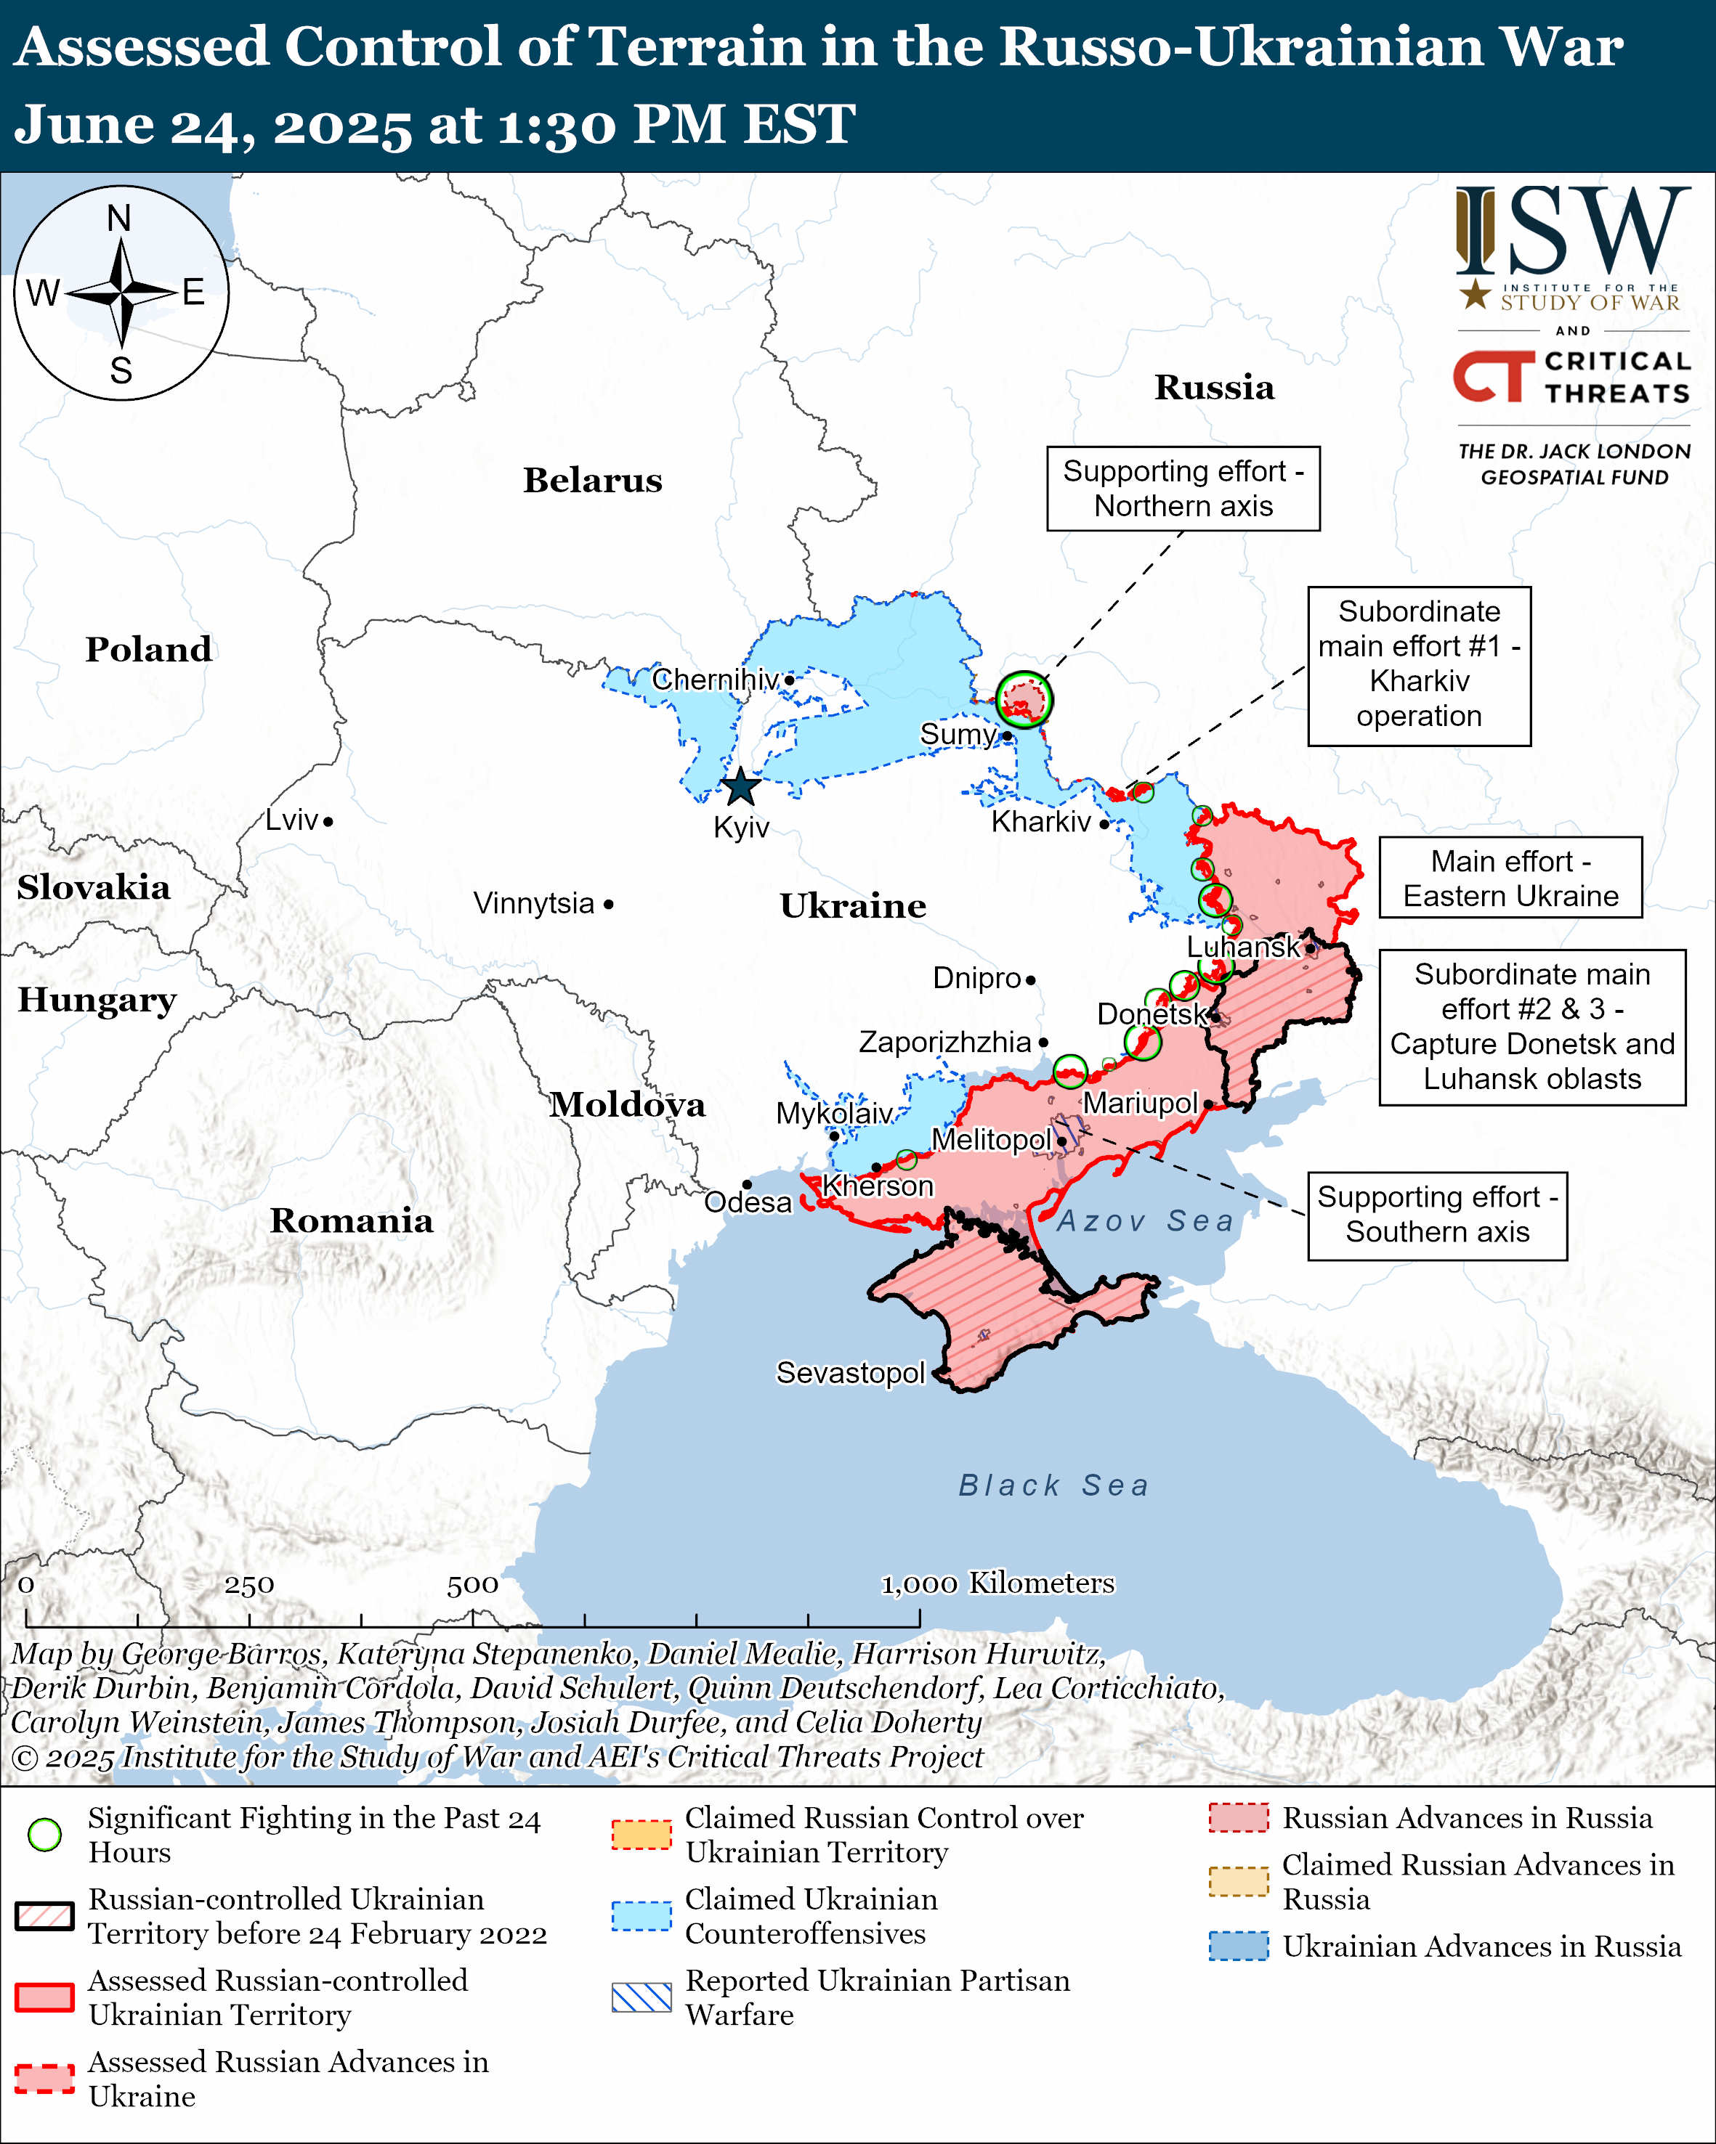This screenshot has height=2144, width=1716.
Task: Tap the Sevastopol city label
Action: tap(851, 1374)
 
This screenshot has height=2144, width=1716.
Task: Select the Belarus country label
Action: tap(593, 481)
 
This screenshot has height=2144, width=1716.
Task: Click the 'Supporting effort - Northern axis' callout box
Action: tap(1183, 489)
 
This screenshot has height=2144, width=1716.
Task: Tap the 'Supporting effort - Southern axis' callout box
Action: tap(1436, 1215)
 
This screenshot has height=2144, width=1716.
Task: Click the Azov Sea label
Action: tap(1145, 1220)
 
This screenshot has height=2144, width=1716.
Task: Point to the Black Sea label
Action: tap(1053, 1485)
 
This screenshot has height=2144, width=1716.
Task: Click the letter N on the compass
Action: tap(119, 219)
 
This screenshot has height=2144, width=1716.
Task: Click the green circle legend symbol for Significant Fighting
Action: tap(45, 1835)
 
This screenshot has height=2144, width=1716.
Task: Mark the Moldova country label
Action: tap(628, 1105)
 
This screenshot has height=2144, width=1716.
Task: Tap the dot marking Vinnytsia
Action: tap(609, 905)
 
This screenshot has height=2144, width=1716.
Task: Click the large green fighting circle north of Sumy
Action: tap(1024, 699)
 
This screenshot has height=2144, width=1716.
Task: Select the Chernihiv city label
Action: tap(716, 680)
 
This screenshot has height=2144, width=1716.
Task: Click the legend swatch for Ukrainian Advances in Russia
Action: tap(1239, 1946)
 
